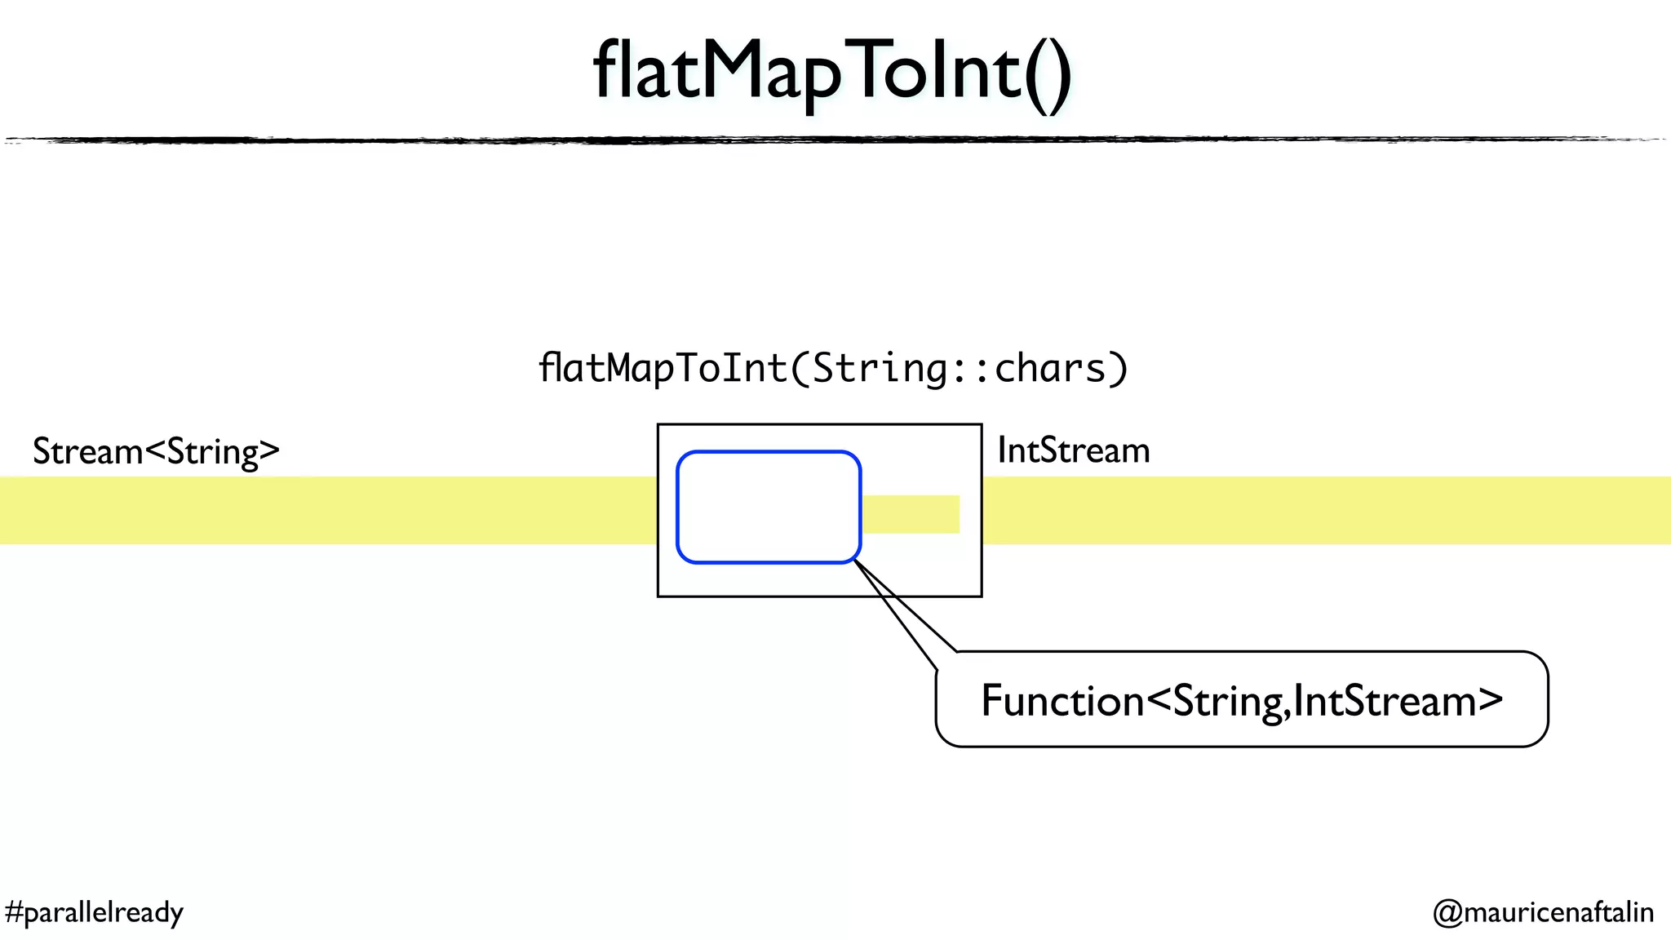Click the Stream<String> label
point(156,451)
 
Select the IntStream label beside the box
point(1073,450)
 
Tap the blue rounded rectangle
point(768,507)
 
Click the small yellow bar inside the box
point(911,514)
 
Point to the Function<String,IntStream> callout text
point(1241,700)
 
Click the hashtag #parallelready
point(94,911)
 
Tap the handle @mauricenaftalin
point(1543,911)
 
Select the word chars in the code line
point(1049,368)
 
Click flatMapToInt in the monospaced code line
point(663,368)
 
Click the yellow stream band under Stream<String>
point(326,510)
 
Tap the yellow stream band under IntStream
point(1322,510)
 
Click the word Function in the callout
point(1062,700)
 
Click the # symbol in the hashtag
point(14,911)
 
